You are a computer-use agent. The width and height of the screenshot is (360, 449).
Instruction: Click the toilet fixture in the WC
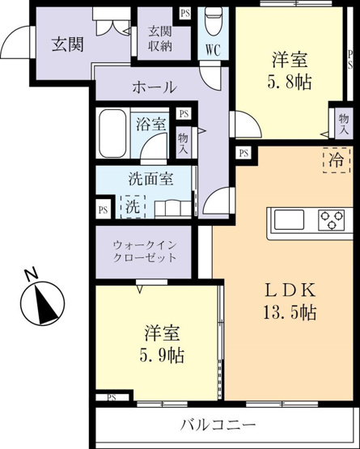pyautogui.click(x=214, y=21)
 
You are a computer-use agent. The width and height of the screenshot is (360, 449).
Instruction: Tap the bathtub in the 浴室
pyautogui.click(x=112, y=133)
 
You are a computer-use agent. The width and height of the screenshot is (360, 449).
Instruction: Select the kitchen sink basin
pyautogui.click(x=289, y=219)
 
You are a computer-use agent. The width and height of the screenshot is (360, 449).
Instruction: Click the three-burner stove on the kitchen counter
pyautogui.click(x=332, y=219)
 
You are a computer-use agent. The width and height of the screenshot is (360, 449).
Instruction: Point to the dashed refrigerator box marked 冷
pyautogui.click(x=337, y=160)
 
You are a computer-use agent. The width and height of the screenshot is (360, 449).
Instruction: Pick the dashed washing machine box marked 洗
pyautogui.click(x=133, y=206)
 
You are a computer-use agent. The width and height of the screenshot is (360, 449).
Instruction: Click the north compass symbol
pyautogui.click(x=42, y=303)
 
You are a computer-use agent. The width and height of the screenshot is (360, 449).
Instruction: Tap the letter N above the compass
pyautogui.click(x=32, y=273)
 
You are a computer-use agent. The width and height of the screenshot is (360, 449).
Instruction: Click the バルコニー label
pyautogui.click(x=218, y=424)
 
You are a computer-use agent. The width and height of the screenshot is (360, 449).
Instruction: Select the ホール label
pyautogui.click(x=155, y=87)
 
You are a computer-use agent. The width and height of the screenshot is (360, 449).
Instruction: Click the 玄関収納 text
pyautogui.click(x=160, y=39)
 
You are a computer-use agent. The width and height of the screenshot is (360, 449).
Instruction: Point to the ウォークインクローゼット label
pyautogui.click(x=145, y=252)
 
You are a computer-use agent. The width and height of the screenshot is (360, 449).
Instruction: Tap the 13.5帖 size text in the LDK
pyautogui.click(x=290, y=312)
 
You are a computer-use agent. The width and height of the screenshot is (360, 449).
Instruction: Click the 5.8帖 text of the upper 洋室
pyautogui.click(x=290, y=83)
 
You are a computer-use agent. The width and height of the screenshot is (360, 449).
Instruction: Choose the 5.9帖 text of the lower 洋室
pyautogui.click(x=162, y=355)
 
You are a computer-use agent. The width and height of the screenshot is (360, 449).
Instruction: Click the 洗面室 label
pyautogui.click(x=150, y=179)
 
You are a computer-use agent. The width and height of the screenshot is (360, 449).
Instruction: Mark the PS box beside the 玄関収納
pyautogui.click(x=185, y=13)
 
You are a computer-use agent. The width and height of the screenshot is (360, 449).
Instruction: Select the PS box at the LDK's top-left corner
pyautogui.click(x=244, y=153)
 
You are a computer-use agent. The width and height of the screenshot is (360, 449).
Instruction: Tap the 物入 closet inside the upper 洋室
pyautogui.click(x=344, y=124)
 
